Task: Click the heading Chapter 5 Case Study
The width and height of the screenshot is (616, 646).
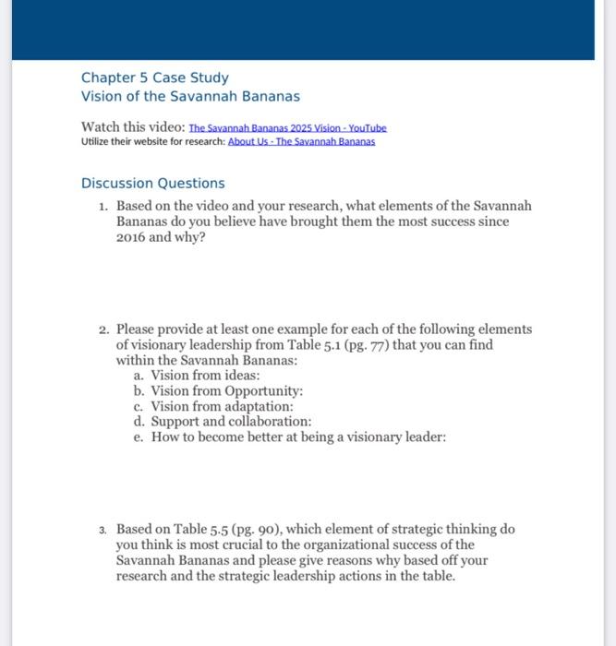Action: click(154, 78)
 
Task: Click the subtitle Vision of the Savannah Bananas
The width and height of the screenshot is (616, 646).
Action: click(190, 96)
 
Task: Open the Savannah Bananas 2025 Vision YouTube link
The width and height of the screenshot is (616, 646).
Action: click(287, 127)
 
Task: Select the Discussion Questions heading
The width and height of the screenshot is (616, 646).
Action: click(152, 183)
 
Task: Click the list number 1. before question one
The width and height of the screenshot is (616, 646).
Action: click(103, 206)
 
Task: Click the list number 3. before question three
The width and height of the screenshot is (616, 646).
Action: click(103, 530)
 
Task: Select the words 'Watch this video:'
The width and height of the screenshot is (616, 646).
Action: click(132, 126)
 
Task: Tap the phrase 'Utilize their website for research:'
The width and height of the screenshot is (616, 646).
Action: click(152, 142)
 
